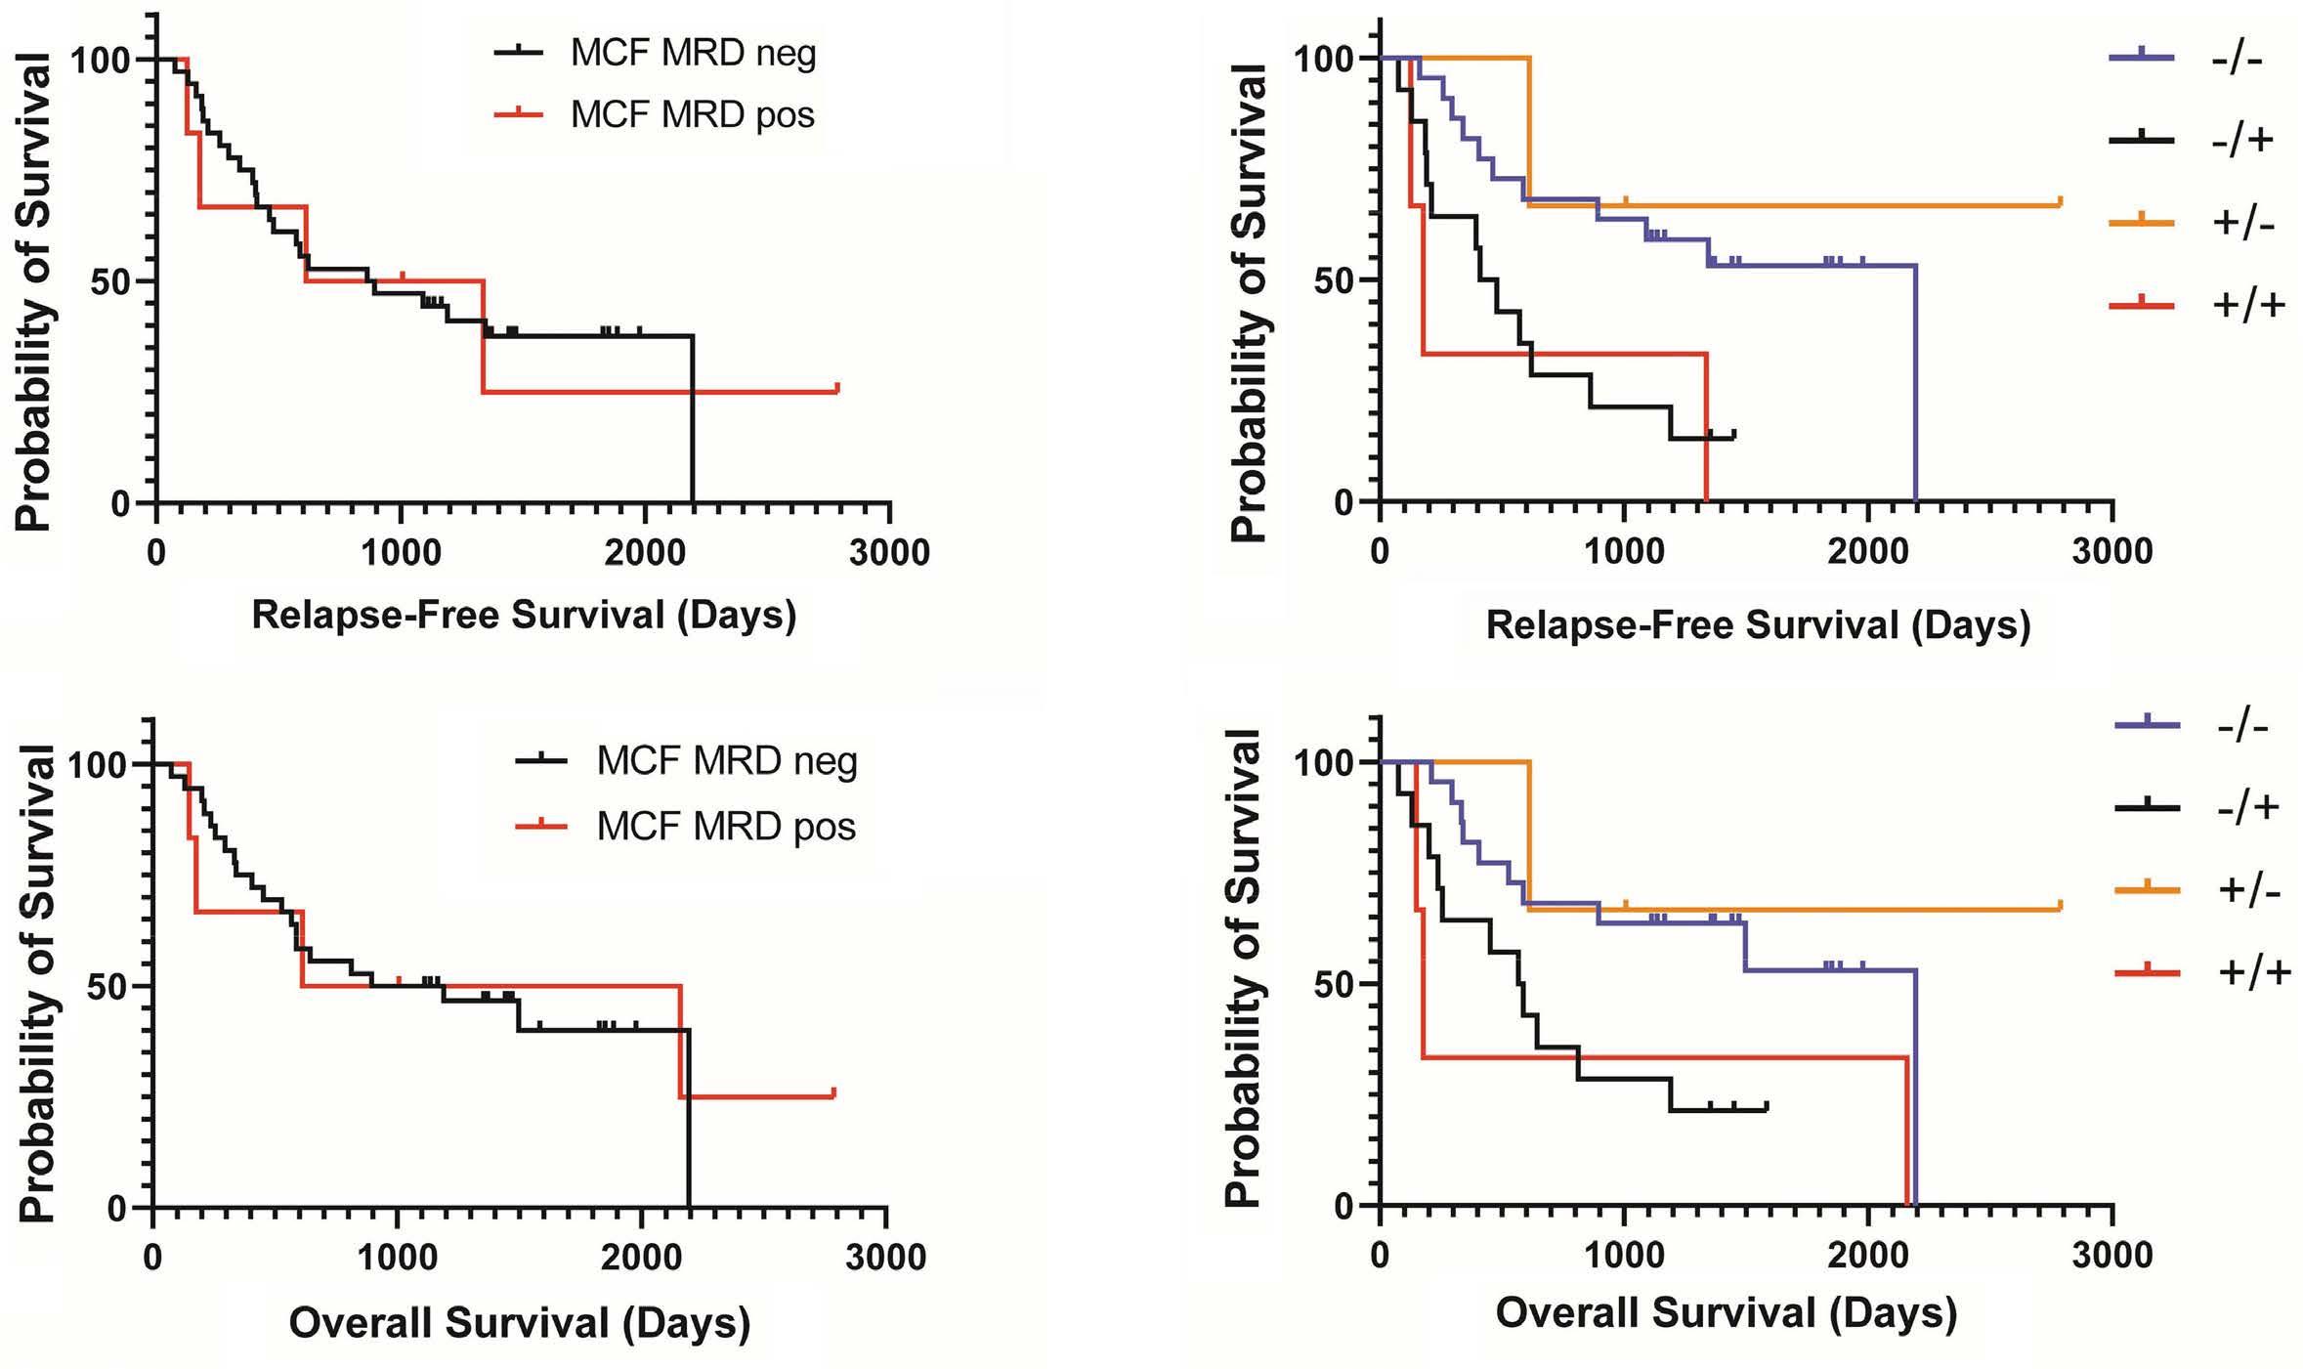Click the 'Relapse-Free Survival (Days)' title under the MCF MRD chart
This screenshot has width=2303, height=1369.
click(x=524, y=616)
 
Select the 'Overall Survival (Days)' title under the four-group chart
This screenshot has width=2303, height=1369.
click(x=1726, y=1313)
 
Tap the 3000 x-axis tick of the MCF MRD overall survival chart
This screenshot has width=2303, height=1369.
click(x=886, y=1256)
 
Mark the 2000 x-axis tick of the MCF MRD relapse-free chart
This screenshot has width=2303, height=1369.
click(x=644, y=553)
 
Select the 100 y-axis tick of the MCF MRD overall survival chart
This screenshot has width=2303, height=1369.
click(x=98, y=763)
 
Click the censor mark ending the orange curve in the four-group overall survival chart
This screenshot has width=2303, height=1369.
click(x=2060, y=905)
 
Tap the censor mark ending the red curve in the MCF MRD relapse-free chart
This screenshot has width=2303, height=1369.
click(x=837, y=388)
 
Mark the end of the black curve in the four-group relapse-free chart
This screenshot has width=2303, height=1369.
click(x=1733, y=433)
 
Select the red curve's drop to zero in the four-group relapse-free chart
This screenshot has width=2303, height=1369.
click(x=1706, y=430)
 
